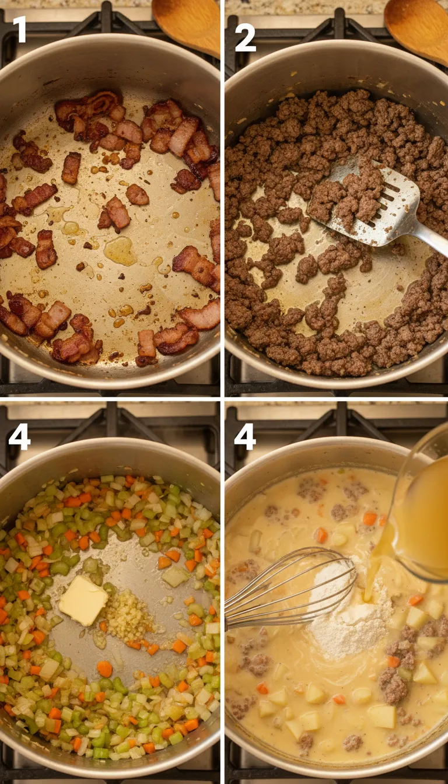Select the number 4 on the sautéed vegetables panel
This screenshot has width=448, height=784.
[x=19, y=437]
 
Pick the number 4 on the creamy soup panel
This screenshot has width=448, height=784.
[x=245, y=437]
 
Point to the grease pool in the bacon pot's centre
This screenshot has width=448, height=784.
[x=120, y=251]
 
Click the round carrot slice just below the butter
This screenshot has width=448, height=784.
[x=104, y=668]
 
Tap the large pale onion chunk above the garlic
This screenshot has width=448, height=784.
[x=175, y=576]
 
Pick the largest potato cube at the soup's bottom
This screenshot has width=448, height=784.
[x=382, y=716]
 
